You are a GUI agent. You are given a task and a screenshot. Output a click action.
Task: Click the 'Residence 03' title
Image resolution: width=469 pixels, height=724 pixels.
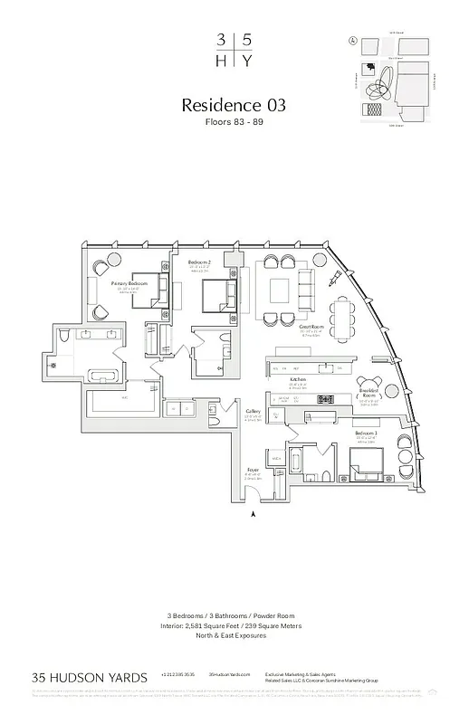[234, 104]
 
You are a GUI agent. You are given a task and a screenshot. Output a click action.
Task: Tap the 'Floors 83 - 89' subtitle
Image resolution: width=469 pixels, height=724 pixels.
[234, 122]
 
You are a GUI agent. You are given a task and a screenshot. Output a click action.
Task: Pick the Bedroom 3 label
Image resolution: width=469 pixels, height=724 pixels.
[366, 435]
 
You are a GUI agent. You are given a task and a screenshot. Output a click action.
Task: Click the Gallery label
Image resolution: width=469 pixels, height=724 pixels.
[254, 412]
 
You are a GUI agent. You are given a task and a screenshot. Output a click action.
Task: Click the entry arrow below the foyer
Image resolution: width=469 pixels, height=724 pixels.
[253, 513]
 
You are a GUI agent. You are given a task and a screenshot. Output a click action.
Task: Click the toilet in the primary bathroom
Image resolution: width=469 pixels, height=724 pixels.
[62, 337]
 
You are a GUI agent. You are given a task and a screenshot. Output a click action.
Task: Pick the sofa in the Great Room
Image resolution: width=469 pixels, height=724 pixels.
[304, 291]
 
